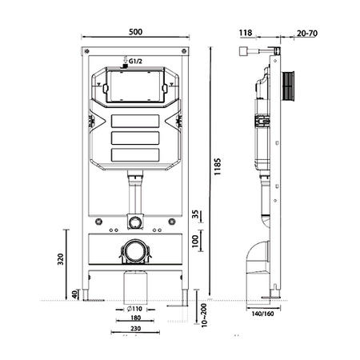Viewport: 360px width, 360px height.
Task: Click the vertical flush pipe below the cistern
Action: (x=135, y=195)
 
